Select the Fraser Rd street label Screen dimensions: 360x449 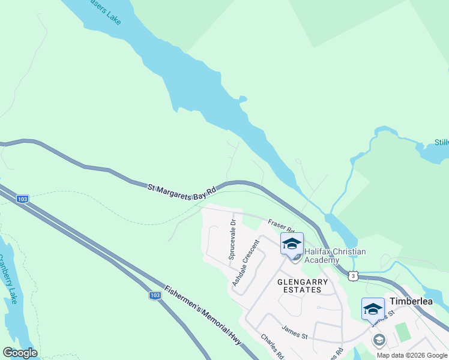tap(281, 226)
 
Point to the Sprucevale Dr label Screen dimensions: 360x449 tap(232, 239)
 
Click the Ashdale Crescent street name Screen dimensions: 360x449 tap(246, 262)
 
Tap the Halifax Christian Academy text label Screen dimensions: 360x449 tap(334, 256)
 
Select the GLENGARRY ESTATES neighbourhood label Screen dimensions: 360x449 tap(303, 286)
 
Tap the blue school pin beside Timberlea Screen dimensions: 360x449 tap(373, 309)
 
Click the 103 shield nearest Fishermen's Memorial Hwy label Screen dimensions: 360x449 tap(155, 295)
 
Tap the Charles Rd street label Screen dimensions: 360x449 tap(272, 346)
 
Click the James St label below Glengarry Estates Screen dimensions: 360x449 tap(294, 332)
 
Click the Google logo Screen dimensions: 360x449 tap(20, 353)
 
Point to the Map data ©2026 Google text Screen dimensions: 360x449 tap(411, 355)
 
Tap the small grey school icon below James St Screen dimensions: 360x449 tap(379, 340)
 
